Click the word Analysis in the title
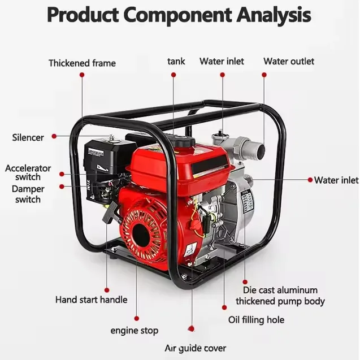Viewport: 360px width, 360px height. tap(274, 15)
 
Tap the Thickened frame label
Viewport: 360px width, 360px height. tap(82, 63)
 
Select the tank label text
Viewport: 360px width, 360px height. tap(176, 62)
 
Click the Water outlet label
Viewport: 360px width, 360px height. tap(289, 61)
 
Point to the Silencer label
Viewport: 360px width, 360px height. tap(28, 137)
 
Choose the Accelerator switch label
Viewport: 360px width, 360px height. tap(28, 173)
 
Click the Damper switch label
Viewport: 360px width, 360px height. tap(28, 194)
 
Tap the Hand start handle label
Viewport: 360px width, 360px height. tap(92, 300)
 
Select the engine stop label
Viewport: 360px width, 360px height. tap(135, 331)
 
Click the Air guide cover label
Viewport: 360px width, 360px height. tap(196, 349)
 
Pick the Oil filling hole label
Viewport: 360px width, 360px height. tap(256, 320)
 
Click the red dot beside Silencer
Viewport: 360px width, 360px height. tap(54, 136)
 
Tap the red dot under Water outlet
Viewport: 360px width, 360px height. tap(264, 75)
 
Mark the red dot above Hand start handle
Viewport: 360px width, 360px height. tap(107, 290)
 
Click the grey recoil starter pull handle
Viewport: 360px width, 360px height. tap(109, 212)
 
